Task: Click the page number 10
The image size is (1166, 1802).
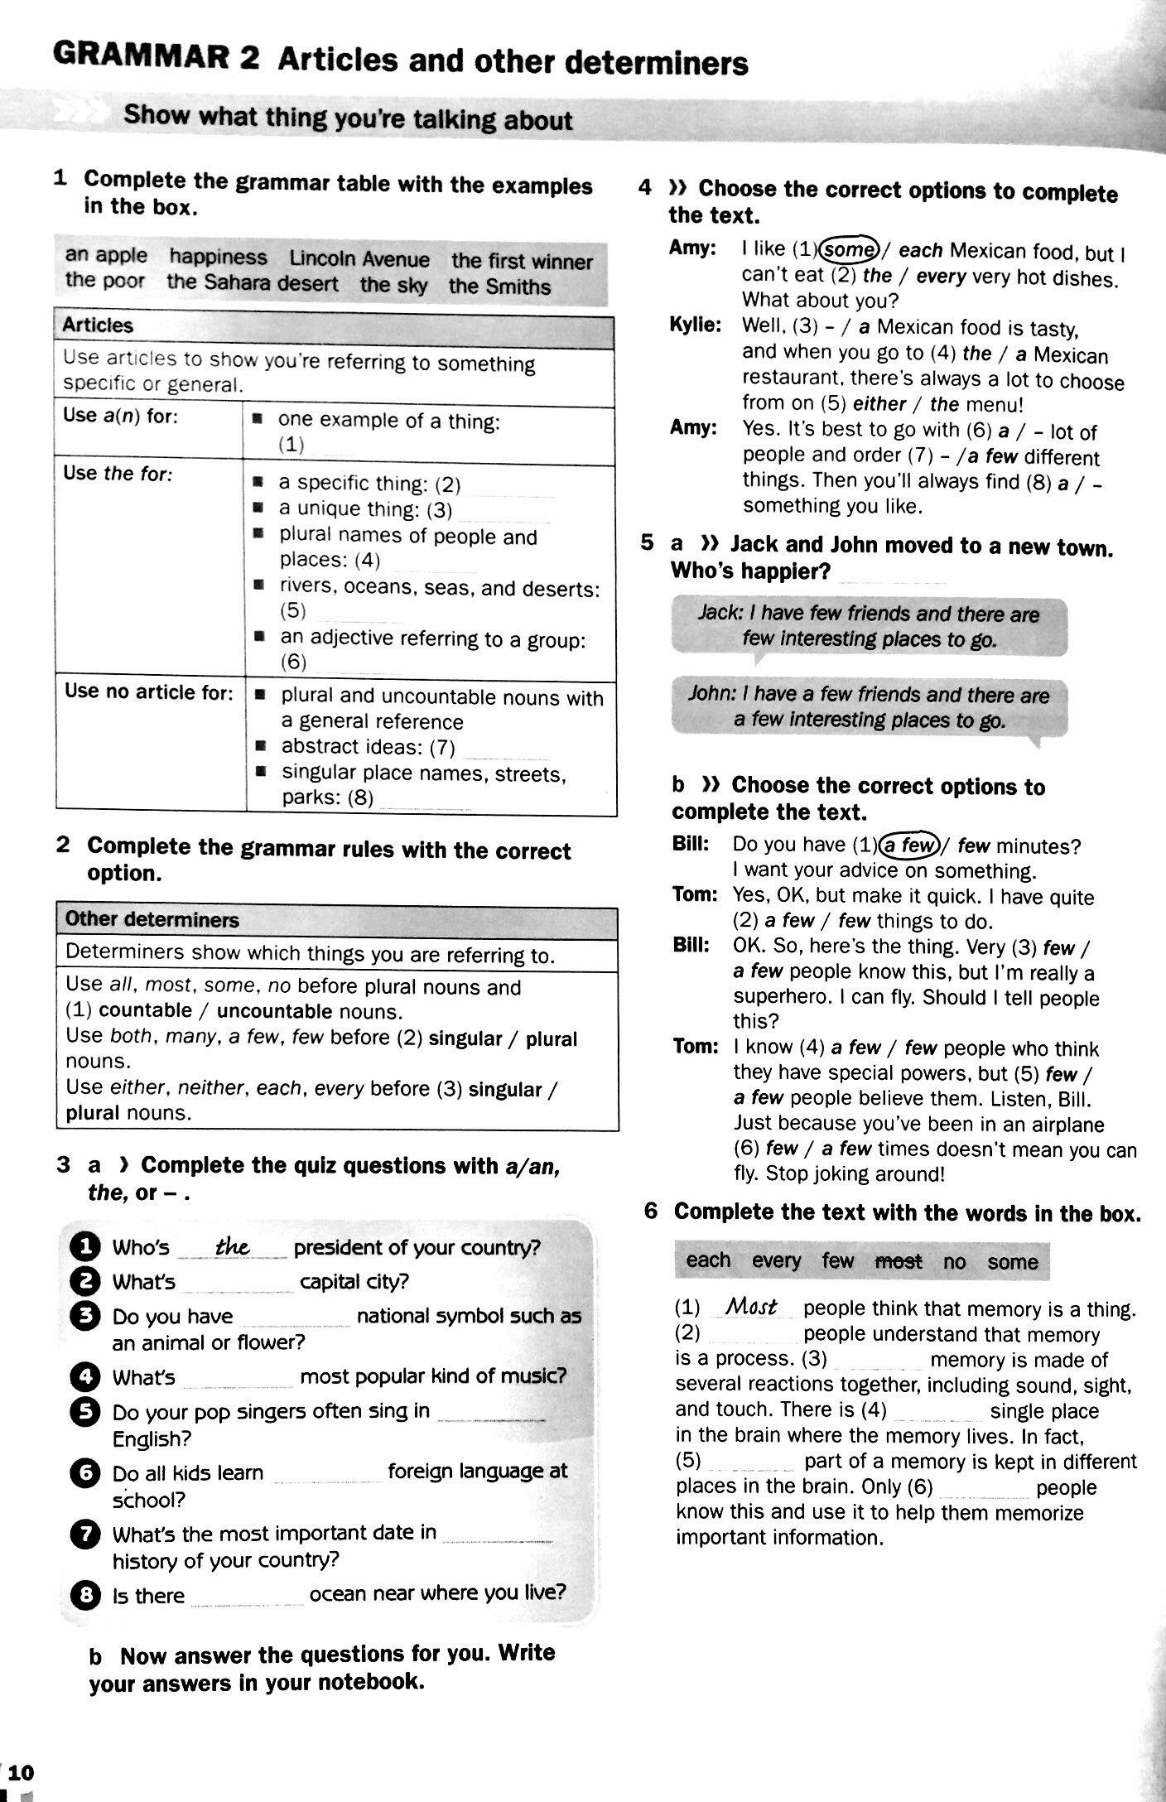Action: click(x=22, y=1771)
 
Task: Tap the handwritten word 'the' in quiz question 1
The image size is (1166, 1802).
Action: click(x=233, y=1245)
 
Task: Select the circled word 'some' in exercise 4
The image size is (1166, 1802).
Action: click(x=849, y=249)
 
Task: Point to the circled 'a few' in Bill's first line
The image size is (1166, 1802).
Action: click(x=908, y=845)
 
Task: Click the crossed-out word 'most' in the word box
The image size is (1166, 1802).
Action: click(x=899, y=1261)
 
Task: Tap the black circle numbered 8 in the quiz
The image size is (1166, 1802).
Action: click(x=85, y=1594)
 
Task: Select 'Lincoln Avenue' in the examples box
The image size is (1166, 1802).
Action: click(x=359, y=259)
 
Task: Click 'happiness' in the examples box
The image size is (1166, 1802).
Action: click(x=219, y=258)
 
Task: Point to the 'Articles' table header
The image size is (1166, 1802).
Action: click(x=98, y=325)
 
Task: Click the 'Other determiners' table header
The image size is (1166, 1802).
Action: click(x=152, y=919)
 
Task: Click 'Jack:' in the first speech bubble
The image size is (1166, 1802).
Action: click(x=720, y=613)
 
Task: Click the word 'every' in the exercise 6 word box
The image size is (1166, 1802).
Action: click(x=776, y=1260)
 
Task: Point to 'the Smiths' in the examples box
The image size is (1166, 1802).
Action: click(x=499, y=287)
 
